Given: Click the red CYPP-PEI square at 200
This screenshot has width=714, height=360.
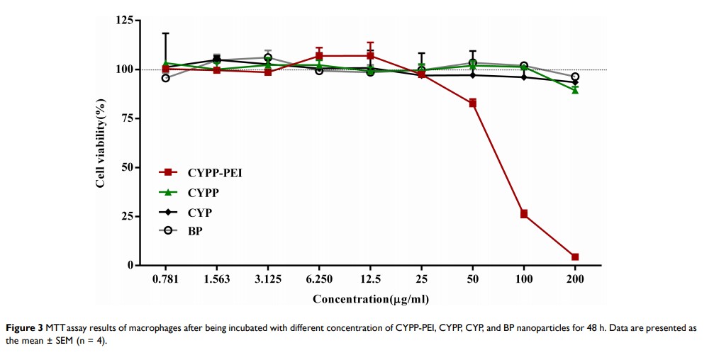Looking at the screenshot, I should click(x=575, y=257).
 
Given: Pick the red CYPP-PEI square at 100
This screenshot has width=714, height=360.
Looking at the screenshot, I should click(x=524, y=214).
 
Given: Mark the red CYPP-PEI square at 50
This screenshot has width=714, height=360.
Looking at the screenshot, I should click(x=473, y=103).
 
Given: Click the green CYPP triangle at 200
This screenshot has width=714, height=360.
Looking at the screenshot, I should click(x=575, y=90).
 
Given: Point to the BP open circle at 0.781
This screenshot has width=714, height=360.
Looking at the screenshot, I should click(x=166, y=78).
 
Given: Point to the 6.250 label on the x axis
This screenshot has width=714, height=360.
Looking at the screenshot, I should click(x=319, y=279).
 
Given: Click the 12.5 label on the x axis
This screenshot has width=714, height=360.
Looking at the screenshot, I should click(x=370, y=279).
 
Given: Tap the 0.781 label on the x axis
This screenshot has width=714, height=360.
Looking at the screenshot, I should click(x=165, y=279).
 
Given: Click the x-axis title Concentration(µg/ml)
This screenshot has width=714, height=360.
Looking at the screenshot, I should click(x=370, y=299).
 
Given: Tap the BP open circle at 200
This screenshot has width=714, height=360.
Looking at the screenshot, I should click(x=575, y=77).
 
